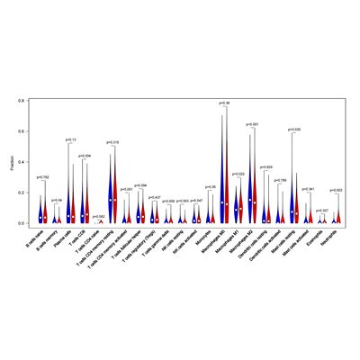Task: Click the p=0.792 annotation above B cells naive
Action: (x=42, y=177)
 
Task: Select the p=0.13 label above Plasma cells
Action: (x=71, y=139)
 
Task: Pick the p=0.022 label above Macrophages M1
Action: (x=238, y=173)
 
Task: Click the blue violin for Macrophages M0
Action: (x=221, y=180)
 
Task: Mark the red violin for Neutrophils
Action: (x=338, y=216)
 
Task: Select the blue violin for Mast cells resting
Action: (x=292, y=193)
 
